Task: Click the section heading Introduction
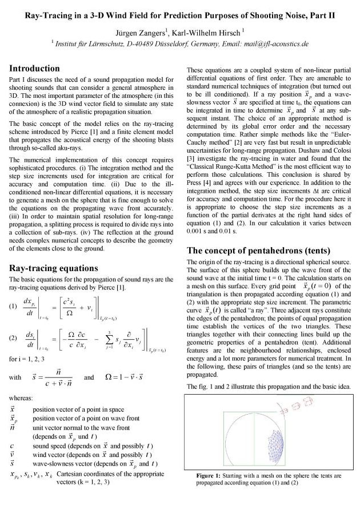pos(35,69)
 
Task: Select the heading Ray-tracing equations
pos(54,268)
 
